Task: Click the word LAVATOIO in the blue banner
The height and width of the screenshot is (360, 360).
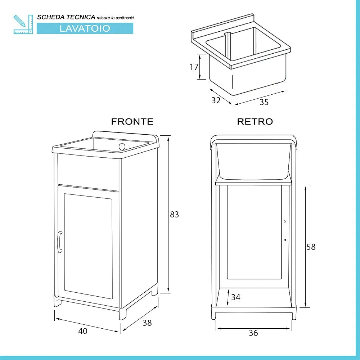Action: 85,28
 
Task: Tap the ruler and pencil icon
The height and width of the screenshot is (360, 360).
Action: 23,24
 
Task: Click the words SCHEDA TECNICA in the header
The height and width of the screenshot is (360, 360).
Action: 66,17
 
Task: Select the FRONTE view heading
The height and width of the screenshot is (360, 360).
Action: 132,122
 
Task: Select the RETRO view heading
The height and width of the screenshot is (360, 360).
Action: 255,122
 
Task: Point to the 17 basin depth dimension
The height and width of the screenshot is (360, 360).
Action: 194,67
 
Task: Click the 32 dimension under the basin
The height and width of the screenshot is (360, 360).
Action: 216,101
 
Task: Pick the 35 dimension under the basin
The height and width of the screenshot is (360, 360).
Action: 264,102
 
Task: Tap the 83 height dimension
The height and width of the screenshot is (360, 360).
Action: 174,215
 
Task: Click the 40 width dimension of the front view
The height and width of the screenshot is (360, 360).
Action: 83,331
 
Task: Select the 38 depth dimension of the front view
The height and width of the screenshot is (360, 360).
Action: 147,323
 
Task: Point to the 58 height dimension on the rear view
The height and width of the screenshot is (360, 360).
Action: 311,247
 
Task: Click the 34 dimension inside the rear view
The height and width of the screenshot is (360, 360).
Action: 236,297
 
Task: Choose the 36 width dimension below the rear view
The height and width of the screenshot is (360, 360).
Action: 253,333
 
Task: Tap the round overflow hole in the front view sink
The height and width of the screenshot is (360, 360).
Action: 122,146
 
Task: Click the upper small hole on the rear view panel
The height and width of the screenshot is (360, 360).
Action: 284,222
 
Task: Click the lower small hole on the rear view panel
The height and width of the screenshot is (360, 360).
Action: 284,240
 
